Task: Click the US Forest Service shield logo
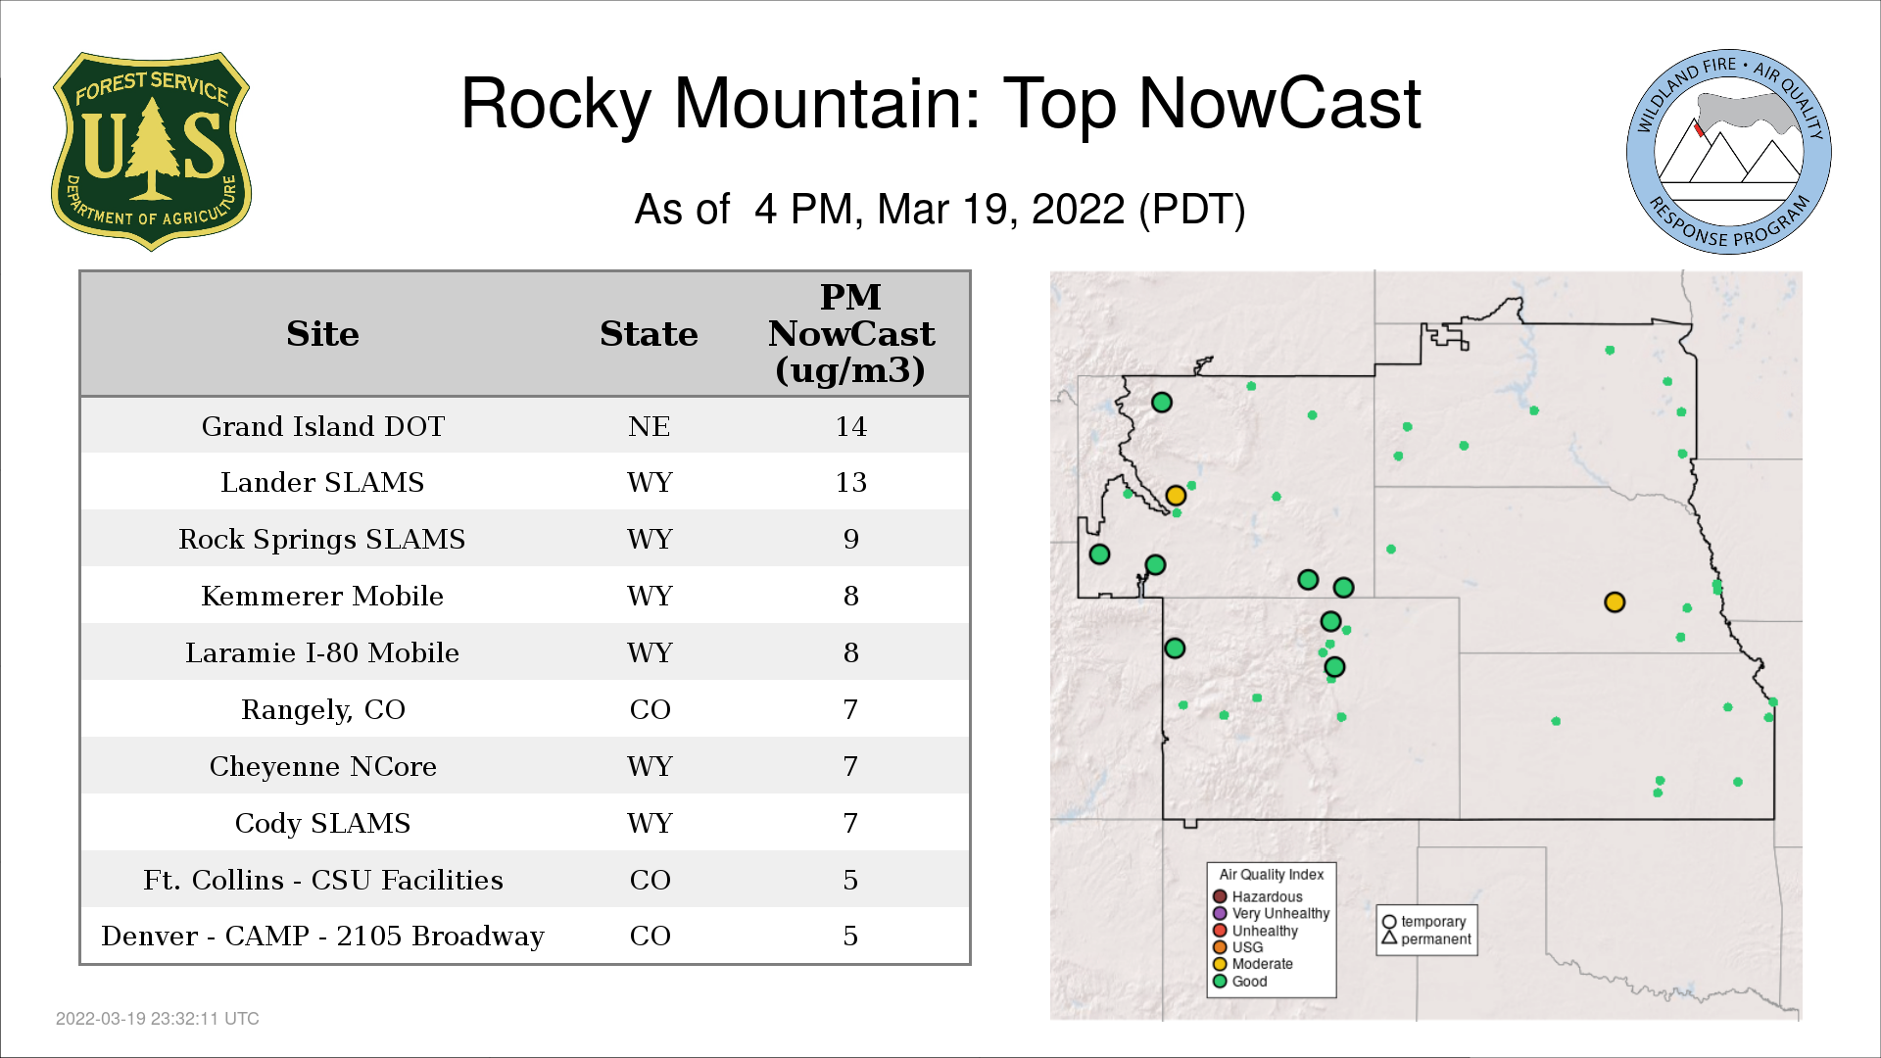click(151, 152)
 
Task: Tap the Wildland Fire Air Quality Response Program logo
click(1729, 152)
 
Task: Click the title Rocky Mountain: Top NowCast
click(940, 103)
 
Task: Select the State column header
click(649, 334)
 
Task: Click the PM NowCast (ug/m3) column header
click(850, 333)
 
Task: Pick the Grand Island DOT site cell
click(323, 426)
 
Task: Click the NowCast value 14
click(850, 426)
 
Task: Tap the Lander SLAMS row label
click(322, 482)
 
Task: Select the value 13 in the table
click(850, 482)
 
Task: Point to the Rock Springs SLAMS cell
click(322, 539)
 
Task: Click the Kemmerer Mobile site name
click(322, 596)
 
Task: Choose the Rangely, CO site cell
click(323, 709)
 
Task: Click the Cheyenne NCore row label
click(323, 766)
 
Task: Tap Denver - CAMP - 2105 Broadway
click(322, 936)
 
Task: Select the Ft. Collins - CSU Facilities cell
click(323, 880)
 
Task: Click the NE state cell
click(649, 426)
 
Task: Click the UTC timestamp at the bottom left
click(158, 1019)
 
